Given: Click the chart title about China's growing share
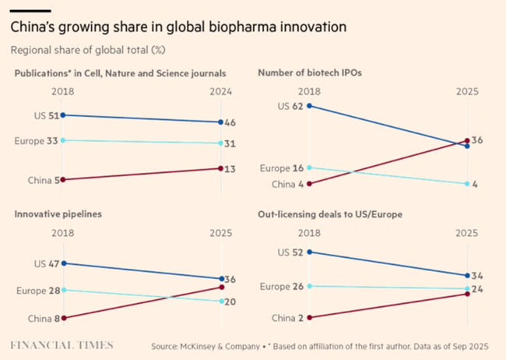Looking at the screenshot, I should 177,27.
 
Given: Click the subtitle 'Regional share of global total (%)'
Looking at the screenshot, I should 88,50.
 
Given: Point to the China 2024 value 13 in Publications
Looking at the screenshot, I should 230,168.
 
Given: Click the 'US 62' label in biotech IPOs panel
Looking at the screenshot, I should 292,105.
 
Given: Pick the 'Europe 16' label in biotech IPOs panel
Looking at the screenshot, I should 282,168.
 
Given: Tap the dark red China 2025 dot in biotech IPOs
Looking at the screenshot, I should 467,141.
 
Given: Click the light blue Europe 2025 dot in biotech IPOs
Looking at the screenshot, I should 467,184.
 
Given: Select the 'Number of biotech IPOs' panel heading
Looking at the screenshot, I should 309,73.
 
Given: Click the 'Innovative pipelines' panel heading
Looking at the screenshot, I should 58,214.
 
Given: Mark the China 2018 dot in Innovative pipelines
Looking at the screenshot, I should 63,318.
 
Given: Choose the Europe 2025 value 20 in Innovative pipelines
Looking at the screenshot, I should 230,302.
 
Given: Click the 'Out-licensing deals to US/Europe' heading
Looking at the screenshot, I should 330,214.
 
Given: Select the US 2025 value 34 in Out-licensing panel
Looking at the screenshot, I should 476,275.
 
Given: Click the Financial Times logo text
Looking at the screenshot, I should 61,345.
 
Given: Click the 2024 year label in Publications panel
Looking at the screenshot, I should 220,92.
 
